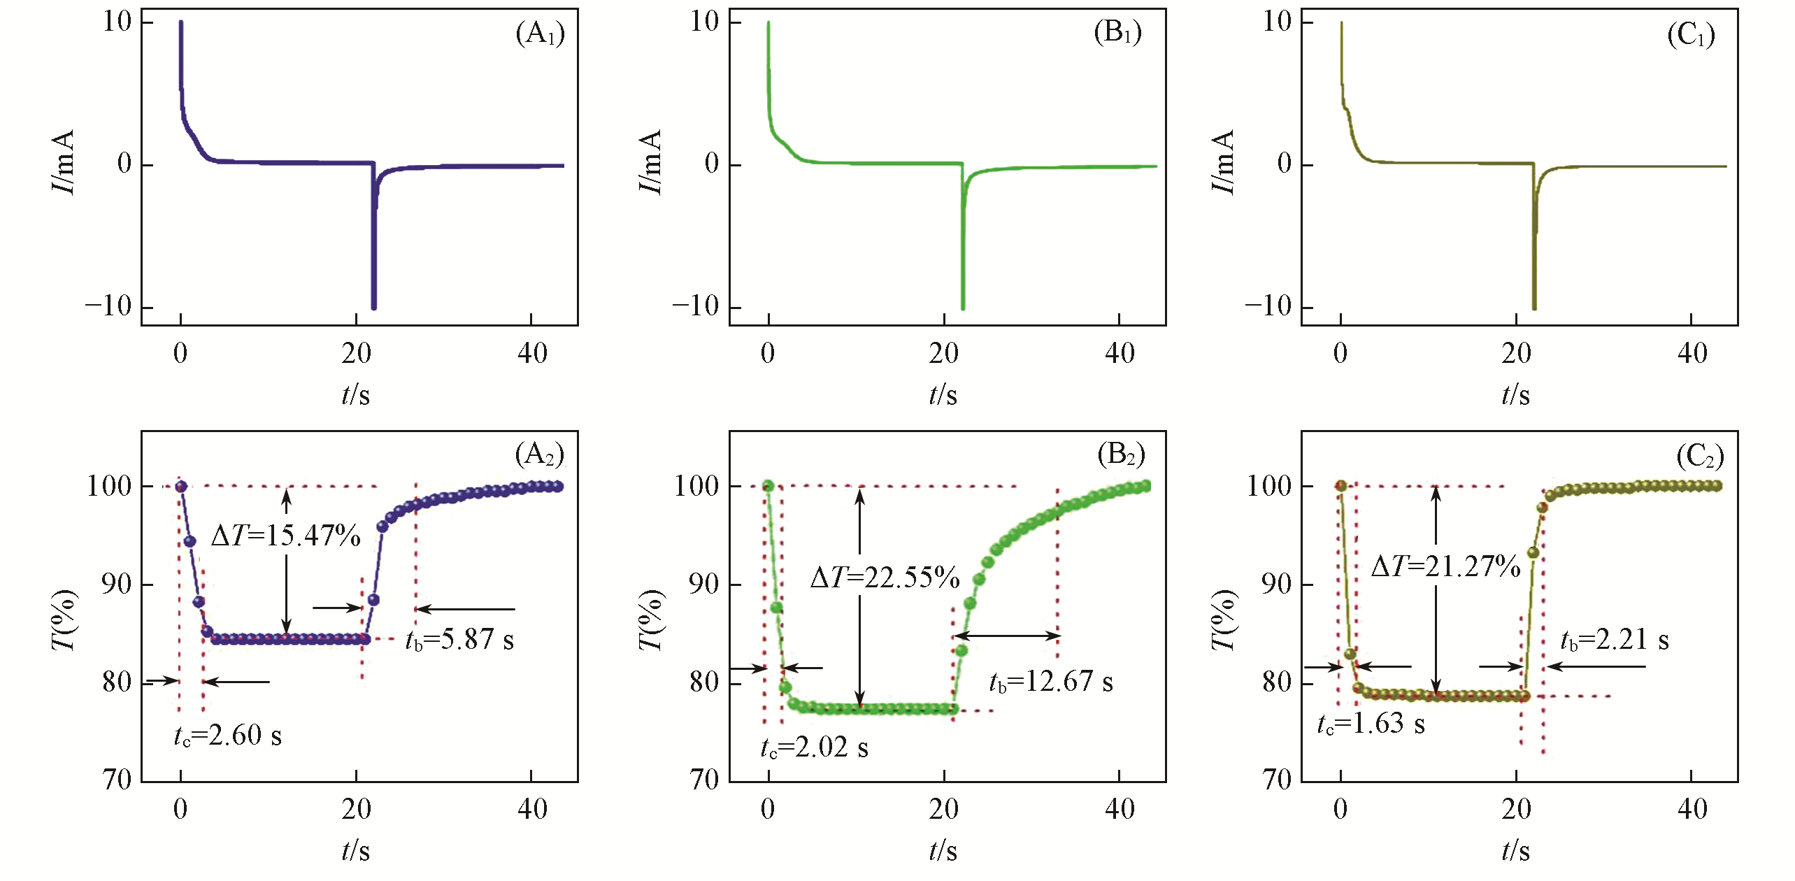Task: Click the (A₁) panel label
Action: pos(540,33)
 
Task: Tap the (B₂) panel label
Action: pos(1121,455)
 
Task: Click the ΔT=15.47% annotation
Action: pos(286,536)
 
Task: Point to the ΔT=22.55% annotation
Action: pos(885,578)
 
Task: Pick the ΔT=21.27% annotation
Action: pos(1446,566)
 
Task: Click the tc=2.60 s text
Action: pos(228,736)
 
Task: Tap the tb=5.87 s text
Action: pos(459,640)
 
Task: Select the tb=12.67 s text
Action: pos(1051,681)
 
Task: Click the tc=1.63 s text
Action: pos(1371,724)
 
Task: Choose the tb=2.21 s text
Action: pos(1615,640)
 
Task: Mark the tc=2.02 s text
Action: pos(815,748)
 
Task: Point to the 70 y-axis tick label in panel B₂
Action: pos(705,780)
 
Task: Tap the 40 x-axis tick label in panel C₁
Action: pos(1692,354)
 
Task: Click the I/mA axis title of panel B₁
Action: pos(650,162)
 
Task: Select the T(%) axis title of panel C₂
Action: pos(1223,619)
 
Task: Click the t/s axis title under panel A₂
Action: pos(355,851)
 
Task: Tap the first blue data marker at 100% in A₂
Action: pos(181,486)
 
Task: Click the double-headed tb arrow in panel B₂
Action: pos(1006,636)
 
